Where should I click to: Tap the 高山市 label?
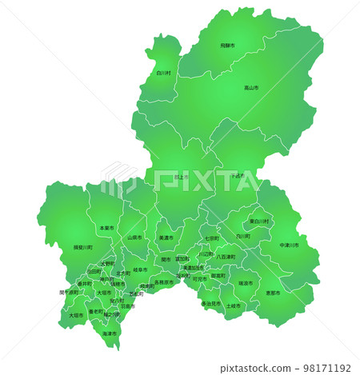click(251, 87)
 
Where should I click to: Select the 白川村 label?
click(163, 73)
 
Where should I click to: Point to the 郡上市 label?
click(180, 177)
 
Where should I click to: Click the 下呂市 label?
click(238, 175)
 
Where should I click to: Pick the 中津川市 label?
click(290, 245)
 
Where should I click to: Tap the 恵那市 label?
click(274, 293)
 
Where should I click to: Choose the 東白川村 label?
click(259, 221)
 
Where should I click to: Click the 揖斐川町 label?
click(82, 248)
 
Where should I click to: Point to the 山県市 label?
click(134, 237)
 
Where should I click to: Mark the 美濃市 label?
click(166, 237)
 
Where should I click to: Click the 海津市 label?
click(109, 333)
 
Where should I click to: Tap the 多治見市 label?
click(210, 304)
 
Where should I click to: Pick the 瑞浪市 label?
click(246, 283)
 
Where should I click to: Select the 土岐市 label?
click(233, 305)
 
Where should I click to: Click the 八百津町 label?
click(226, 257)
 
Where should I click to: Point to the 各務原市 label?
click(163, 281)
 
